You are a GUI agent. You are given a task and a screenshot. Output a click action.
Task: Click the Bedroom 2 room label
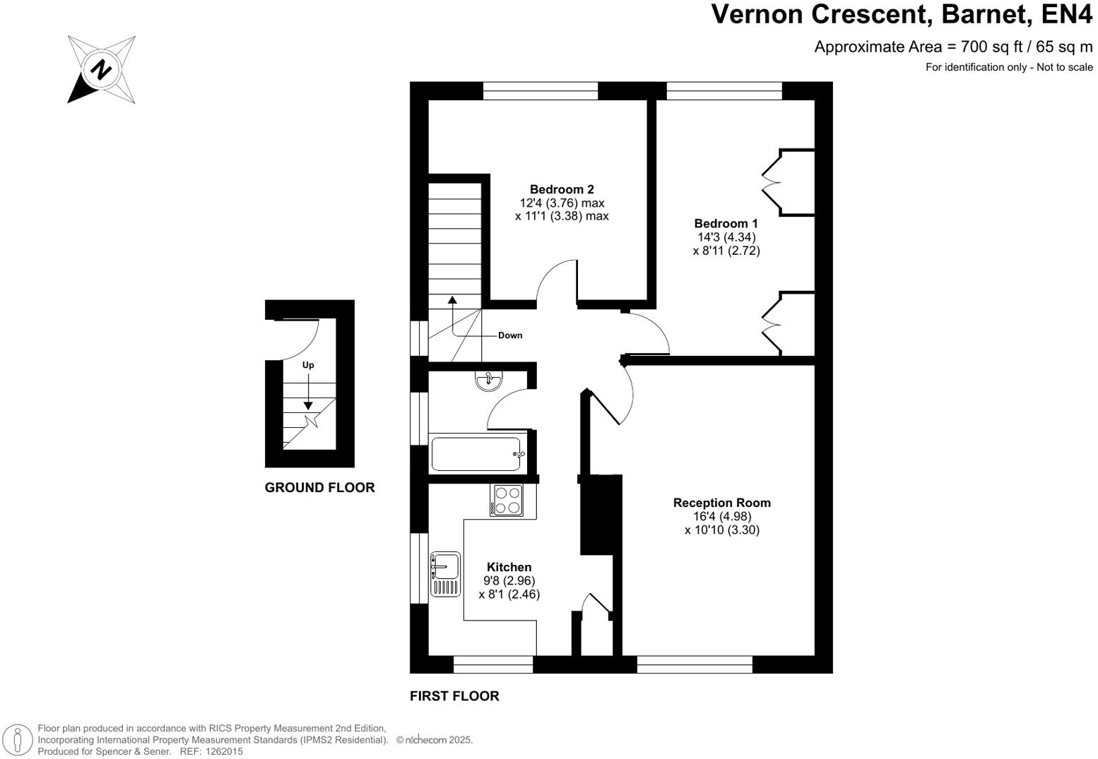point(562,189)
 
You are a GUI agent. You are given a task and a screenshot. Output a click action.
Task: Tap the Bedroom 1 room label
point(726,224)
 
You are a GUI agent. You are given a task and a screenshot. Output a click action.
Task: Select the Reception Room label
point(722,503)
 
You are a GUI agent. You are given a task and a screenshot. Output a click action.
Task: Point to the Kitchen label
point(509,567)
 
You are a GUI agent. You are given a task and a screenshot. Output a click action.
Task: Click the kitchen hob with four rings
point(507,500)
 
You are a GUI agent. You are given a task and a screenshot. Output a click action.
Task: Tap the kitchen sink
point(446,574)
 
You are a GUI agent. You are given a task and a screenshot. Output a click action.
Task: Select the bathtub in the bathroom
point(476,454)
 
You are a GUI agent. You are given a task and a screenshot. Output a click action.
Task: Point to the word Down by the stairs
point(510,335)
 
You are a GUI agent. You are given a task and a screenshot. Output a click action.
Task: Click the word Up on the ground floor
point(308,365)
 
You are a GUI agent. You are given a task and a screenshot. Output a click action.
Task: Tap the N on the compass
point(102,69)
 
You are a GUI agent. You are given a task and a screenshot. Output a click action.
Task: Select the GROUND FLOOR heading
point(319,488)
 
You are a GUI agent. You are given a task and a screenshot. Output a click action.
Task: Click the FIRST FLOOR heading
point(454,696)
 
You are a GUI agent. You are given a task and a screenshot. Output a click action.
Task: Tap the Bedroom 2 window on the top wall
point(541,90)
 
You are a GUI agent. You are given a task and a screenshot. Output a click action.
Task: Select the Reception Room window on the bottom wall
point(695,664)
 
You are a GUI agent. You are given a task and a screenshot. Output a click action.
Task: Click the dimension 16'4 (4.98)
point(722,516)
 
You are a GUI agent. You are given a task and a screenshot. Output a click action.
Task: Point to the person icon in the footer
point(18,739)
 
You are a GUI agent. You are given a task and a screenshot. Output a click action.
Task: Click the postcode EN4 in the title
point(1067,13)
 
